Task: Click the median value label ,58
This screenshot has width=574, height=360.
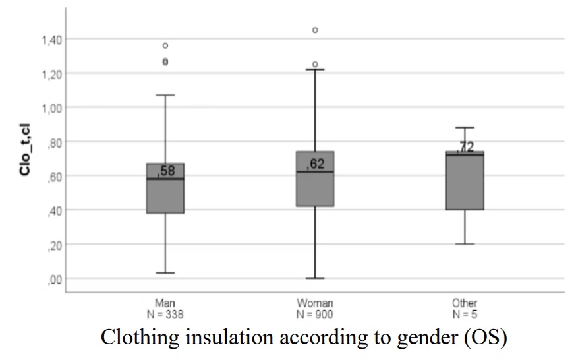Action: pos(166,171)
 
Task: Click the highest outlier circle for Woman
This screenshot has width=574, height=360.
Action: pos(315,30)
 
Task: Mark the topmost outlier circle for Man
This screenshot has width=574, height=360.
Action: pos(165,45)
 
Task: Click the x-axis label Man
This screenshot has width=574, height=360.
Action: pos(165,303)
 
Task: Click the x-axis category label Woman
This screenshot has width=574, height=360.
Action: pos(315,303)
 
